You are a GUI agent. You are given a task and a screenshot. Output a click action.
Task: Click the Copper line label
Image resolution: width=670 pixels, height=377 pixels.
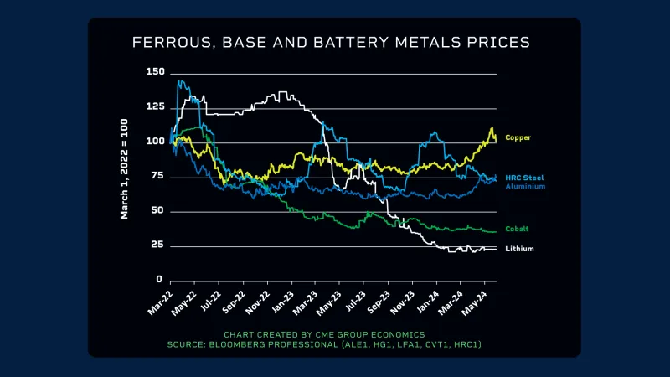point(518,137)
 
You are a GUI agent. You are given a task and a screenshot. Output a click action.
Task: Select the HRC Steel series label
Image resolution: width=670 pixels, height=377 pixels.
point(524,178)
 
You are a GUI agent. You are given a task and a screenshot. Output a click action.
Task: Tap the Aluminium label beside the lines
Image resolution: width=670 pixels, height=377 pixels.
point(525,186)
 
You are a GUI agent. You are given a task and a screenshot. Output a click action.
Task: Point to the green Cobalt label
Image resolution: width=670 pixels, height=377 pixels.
point(517,228)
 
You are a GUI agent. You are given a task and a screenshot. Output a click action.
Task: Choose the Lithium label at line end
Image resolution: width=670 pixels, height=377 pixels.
point(519,249)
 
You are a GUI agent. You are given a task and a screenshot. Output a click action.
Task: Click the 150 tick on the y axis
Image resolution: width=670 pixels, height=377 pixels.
point(155,72)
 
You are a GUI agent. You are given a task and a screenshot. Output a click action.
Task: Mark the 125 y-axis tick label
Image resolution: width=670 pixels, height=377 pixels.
point(155,107)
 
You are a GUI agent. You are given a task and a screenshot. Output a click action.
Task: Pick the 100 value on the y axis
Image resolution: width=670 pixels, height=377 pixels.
point(155,142)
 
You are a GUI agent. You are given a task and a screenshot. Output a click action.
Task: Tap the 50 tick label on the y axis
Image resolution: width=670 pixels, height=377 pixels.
point(157,211)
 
